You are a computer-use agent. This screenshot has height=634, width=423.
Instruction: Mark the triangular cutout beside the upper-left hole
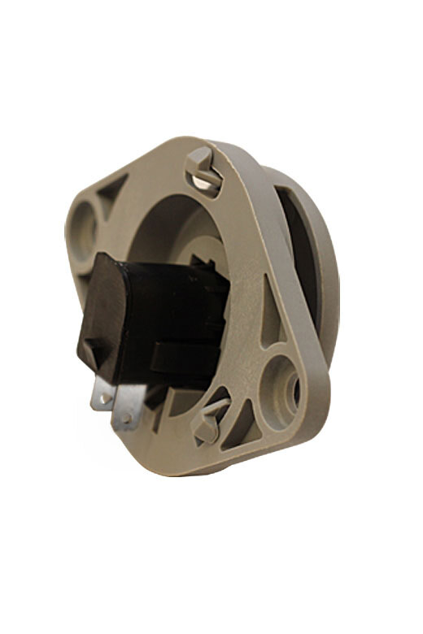click(114, 190)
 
